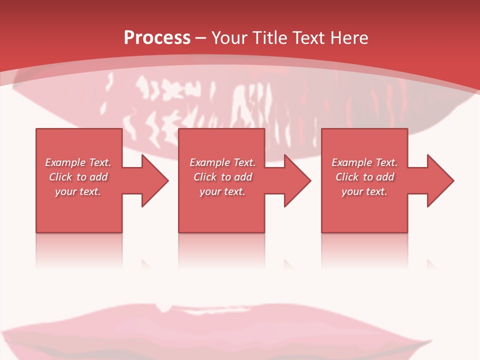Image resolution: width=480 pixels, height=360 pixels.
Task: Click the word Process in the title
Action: [x=157, y=38]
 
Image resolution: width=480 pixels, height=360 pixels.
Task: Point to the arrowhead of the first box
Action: [x=153, y=180]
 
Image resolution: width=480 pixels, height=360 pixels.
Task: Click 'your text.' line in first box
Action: [x=78, y=191]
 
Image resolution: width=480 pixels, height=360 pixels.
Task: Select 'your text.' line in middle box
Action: [x=222, y=191]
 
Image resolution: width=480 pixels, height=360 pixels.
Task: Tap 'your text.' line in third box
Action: [x=364, y=191]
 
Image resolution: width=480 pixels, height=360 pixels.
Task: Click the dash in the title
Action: [x=201, y=38]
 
